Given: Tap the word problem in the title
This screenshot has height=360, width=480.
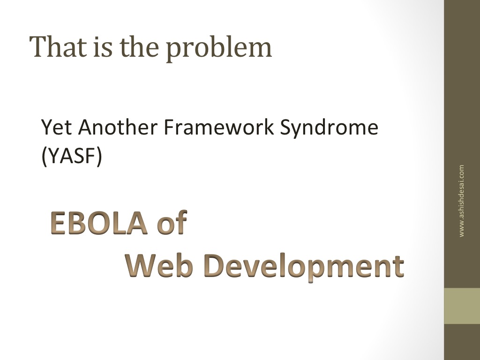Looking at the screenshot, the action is point(219,48).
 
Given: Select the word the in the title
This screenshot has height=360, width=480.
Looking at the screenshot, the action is point(139,46).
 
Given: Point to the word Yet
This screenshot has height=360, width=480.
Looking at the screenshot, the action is point(57,127).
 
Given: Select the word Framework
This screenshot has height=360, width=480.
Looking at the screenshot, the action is point(219,127).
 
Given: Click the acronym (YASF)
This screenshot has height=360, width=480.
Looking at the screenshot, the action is point(72,156).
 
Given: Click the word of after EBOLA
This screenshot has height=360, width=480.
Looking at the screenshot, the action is point(172,222).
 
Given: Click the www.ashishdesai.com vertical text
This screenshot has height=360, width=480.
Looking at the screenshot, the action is point(461,201).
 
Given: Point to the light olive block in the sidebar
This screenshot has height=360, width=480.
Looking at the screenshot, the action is point(462,306).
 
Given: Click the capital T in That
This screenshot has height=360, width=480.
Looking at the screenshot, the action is point(40,46).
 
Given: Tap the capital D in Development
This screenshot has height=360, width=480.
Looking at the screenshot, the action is point(214,266).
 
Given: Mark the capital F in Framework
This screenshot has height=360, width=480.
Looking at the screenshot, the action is point(169,127).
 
